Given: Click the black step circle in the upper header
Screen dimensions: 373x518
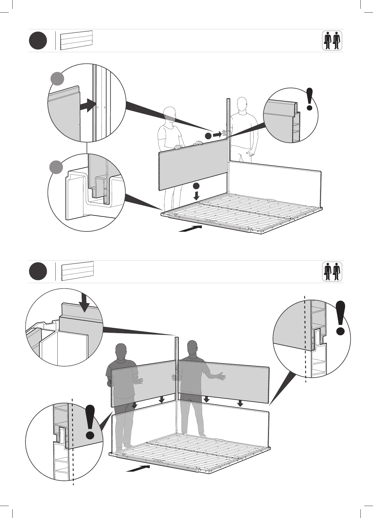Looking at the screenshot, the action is (x=38, y=41).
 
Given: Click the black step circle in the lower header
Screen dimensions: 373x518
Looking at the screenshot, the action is (x=38, y=271).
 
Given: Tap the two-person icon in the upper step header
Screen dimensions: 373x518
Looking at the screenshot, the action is (x=332, y=41).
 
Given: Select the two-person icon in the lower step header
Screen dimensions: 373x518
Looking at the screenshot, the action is (x=332, y=272).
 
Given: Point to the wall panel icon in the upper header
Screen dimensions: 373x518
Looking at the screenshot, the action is (x=76, y=40).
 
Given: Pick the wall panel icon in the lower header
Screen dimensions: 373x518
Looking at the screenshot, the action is (x=78, y=271).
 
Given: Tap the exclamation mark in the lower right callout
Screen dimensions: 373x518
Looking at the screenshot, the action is (x=341, y=318).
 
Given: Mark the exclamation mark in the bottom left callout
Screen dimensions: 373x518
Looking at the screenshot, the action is (x=90, y=422).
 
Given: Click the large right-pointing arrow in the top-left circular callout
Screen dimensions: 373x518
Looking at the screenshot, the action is (x=88, y=105).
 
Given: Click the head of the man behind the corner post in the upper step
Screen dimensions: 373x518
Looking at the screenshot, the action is (x=243, y=104).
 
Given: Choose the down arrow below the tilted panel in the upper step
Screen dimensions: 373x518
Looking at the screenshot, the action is (x=197, y=195).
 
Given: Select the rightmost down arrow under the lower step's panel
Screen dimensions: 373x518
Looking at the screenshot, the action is (x=240, y=403).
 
